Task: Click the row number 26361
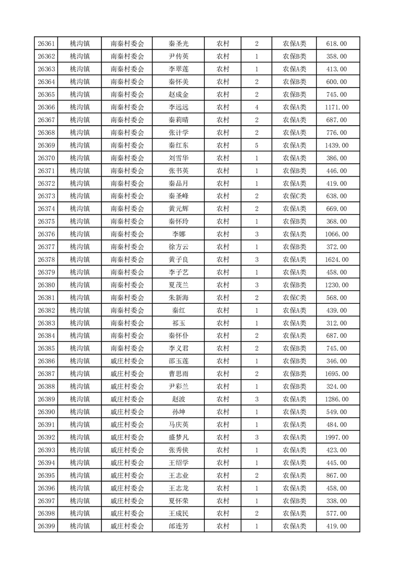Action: [x=46, y=44]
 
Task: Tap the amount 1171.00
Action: [x=336, y=107]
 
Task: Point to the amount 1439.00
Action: [x=336, y=146]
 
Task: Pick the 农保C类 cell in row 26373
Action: [x=294, y=196]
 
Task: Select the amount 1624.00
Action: [x=336, y=260]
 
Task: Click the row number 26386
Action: [x=46, y=361]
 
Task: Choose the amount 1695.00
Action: [x=336, y=374]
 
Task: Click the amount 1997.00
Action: [x=336, y=437]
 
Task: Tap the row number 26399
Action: [x=46, y=526]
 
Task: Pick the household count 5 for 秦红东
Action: [x=256, y=146]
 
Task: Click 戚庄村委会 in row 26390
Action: [x=127, y=412]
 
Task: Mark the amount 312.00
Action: [x=336, y=323]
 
